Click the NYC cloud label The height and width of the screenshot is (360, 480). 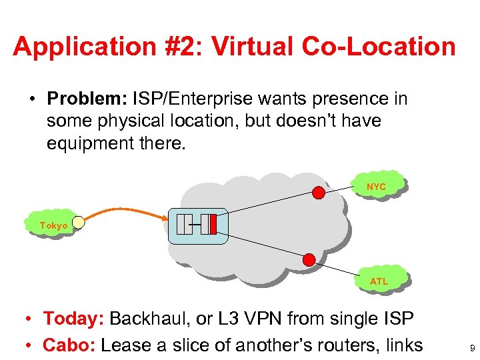tap(376, 187)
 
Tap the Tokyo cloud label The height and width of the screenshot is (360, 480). tap(53, 226)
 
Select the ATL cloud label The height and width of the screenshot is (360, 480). tap(379, 281)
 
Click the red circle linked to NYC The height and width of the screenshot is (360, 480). tap(319, 193)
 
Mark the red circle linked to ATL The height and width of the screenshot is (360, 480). tap(309, 259)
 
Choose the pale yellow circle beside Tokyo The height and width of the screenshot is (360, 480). tap(79, 223)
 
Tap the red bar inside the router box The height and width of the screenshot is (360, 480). tap(213, 225)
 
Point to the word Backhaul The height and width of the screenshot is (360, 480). tap(153, 319)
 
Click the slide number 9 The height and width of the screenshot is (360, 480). tap(472, 348)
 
